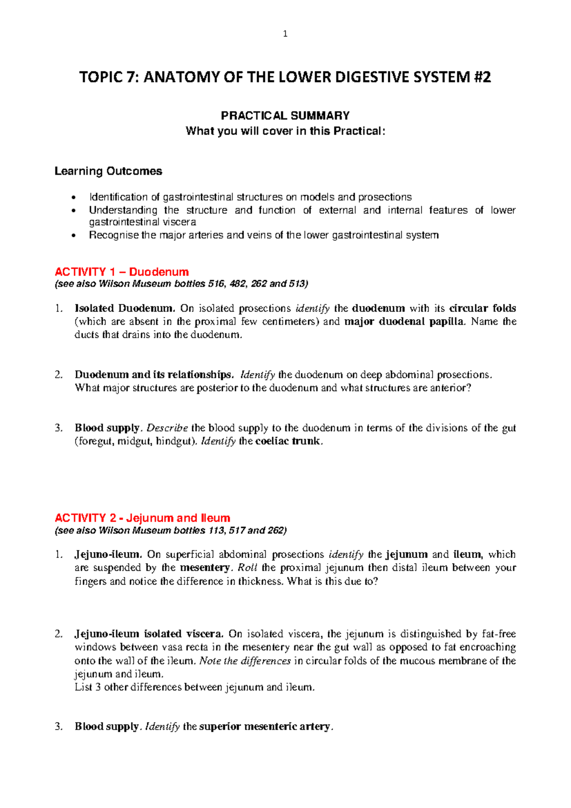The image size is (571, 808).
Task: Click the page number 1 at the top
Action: pos(285,34)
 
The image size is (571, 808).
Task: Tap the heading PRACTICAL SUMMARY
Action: pos(285,116)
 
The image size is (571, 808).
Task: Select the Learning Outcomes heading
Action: pos(108,171)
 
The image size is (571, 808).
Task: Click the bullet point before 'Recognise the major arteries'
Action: pos(73,235)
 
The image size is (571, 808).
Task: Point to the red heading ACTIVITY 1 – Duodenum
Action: pos(122,272)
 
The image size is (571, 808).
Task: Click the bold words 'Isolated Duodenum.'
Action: pos(125,308)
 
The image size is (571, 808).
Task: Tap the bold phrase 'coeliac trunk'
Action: pos(288,441)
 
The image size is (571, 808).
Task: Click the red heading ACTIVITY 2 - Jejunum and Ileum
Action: pos(142,518)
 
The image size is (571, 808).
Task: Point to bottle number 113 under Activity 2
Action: pos(216,530)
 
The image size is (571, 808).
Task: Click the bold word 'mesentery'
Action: pos(205,568)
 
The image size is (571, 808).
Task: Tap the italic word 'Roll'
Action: pos(247,568)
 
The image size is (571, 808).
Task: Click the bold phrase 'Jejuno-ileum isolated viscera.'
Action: pos(148,634)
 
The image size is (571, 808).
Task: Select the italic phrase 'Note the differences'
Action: pos(245,661)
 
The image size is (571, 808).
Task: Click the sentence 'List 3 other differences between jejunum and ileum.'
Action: pos(195,687)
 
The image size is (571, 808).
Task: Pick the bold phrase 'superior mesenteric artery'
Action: pos(265,727)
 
